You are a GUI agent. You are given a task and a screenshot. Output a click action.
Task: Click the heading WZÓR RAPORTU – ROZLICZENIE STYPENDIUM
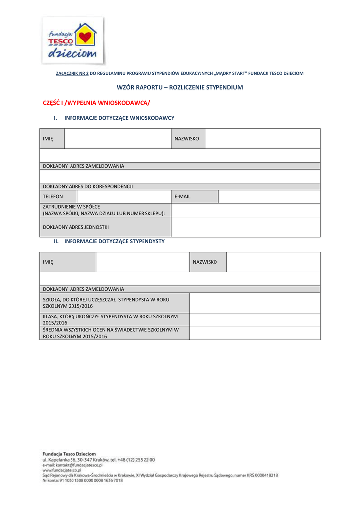[x=180, y=87]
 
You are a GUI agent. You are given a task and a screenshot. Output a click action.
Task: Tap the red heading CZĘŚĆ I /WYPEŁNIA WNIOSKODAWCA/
[x=96, y=103]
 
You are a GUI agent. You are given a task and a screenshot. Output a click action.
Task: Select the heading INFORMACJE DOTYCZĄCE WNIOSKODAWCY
[x=119, y=118]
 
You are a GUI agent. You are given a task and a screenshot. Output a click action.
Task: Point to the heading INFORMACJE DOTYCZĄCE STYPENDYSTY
[x=114, y=241]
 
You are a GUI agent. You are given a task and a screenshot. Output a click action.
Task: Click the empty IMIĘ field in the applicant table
[x=117, y=139]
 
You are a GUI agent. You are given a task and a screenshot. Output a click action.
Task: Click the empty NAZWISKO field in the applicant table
[x=263, y=139]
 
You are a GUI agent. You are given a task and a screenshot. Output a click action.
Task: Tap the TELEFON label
[x=53, y=197]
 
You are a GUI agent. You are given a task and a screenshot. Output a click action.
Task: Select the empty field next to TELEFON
[x=124, y=197]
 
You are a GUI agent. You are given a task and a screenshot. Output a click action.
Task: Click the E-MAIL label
[x=182, y=197]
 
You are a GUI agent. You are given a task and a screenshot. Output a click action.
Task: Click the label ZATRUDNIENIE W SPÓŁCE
[x=71, y=207]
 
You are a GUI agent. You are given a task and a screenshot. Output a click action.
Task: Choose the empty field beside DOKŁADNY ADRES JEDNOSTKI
[x=245, y=227]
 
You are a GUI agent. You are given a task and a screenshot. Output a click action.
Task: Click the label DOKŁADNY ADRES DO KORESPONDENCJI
[x=88, y=187]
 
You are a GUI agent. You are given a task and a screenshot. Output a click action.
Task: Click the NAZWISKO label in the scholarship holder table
[x=205, y=261]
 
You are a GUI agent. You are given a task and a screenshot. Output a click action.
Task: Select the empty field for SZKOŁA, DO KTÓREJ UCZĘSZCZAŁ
[x=255, y=302]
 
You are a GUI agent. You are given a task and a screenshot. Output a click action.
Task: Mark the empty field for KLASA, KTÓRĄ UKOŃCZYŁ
[x=255, y=319]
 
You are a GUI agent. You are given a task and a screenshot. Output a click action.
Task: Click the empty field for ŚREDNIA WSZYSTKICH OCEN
[x=255, y=333]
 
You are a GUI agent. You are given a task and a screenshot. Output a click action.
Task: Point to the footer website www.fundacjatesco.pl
[x=62, y=470]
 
